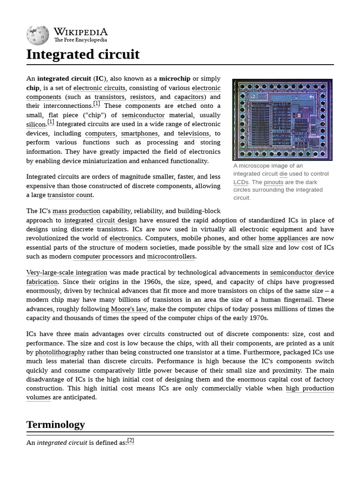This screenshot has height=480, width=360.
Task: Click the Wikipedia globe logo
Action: pyautogui.click(x=37, y=35)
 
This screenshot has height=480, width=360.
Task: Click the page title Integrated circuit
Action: pyautogui.click(x=83, y=54)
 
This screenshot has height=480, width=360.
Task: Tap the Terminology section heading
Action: pyautogui.click(x=55, y=425)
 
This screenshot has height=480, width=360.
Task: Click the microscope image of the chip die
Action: pyautogui.click(x=282, y=120)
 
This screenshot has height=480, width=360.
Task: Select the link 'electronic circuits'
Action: pyautogui.click(x=99, y=88)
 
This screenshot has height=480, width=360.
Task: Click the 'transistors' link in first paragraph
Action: pyautogui.click(x=109, y=97)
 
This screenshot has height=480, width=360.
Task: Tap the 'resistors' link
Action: pyautogui.click(x=142, y=97)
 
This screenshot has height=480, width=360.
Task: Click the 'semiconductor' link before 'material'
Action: pyautogui.click(x=143, y=115)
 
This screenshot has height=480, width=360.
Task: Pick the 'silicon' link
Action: pyautogui.click(x=36, y=125)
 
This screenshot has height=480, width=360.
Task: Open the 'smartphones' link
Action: pyautogui.click(x=139, y=134)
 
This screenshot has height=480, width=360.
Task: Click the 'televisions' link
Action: pyautogui.click(x=193, y=134)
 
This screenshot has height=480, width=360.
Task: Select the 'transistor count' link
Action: pyautogui.click(x=70, y=195)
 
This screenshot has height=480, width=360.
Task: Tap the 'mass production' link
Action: pyautogui.click(x=76, y=211)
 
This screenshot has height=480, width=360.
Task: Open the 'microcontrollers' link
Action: pyautogui.click(x=171, y=256)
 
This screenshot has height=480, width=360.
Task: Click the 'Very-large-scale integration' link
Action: pyautogui.click(x=67, y=272)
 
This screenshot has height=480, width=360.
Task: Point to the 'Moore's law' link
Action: pyautogui.click(x=129, y=309)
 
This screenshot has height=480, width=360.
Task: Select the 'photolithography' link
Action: pyautogui.click(x=60, y=352)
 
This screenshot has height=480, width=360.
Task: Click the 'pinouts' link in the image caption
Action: pyautogui.click(x=273, y=182)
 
